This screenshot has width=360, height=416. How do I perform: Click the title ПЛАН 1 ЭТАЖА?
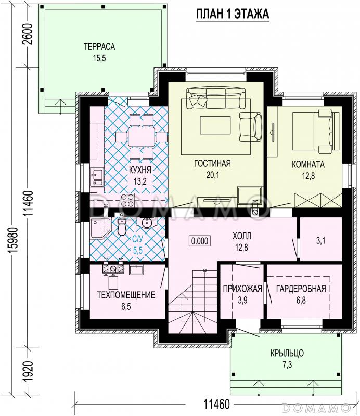coord(233,14)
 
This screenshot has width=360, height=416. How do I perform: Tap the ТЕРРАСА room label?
coord(99,46)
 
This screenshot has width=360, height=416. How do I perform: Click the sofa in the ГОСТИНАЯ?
coord(216,98)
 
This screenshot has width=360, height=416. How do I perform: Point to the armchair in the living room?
coord(250,127)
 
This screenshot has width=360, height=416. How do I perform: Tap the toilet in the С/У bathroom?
coord(122,228)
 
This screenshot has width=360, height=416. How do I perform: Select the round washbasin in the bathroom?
coord(146,223)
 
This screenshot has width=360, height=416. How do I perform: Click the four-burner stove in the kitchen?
coord(127,200)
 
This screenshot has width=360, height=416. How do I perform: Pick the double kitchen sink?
coord(96,177)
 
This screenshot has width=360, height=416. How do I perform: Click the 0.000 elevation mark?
coord(200,241)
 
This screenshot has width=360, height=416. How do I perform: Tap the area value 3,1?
coord(320,241)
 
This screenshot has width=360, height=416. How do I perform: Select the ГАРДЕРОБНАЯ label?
coord(301,289)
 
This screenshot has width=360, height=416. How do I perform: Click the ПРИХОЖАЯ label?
coord(242,289)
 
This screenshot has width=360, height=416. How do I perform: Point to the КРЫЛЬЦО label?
coord(287,353)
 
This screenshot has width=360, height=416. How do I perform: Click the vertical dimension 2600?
coord(29,34)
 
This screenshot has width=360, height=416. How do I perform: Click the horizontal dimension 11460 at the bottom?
coord(216,405)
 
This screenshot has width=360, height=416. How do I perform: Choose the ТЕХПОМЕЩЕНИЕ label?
coord(126,295)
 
